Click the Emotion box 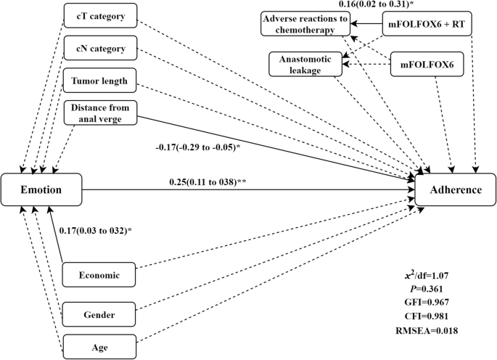(x=41, y=189)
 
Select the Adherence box (x=455, y=190)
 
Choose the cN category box (x=100, y=49)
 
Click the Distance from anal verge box (x=100, y=112)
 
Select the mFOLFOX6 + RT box (x=424, y=25)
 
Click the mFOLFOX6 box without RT (x=427, y=63)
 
